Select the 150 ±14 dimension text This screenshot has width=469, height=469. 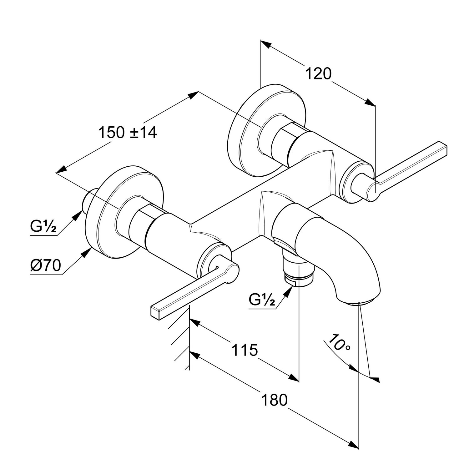click(x=128, y=133)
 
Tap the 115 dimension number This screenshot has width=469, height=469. click(x=245, y=350)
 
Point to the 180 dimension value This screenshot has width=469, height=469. click(x=274, y=400)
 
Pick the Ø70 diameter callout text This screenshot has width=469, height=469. click(x=46, y=266)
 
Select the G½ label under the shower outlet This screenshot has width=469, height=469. click(x=262, y=300)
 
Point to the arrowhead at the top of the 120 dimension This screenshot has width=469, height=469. click(x=265, y=43)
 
